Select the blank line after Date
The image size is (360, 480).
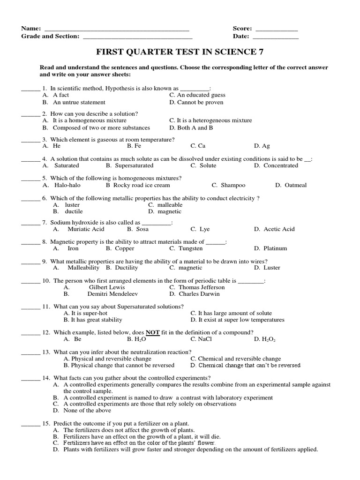(276, 37)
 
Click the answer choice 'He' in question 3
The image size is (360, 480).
(57, 146)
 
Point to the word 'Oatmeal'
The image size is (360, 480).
(295, 185)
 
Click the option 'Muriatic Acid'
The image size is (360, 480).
(86, 229)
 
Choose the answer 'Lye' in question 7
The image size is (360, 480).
(204, 229)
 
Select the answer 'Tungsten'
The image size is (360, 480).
(190, 248)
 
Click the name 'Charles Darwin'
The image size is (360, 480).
(199, 294)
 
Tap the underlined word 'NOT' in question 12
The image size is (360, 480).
(153, 332)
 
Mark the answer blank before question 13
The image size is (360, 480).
(31, 352)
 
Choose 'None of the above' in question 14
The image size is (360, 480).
(87, 410)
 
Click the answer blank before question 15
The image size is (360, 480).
(31, 423)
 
